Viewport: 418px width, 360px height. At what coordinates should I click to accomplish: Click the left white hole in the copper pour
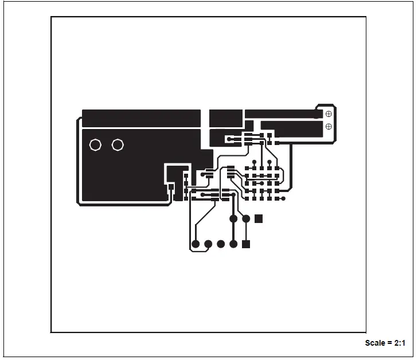(x=96, y=145)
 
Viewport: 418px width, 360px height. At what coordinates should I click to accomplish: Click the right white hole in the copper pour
(x=118, y=145)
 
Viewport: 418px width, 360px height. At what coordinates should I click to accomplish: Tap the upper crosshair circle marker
(x=329, y=114)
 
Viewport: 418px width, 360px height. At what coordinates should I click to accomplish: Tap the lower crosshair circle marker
(x=329, y=126)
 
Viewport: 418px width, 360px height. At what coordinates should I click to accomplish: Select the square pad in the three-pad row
(x=259, y=218)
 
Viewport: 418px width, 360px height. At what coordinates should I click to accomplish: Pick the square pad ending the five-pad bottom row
(x=246, y=244)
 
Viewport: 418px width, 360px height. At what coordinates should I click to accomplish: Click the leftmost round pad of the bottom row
(x=196, y=244)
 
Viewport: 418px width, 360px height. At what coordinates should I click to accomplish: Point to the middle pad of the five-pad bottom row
(x=221, y=244)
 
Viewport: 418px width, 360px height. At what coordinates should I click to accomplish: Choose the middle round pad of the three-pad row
(x=246, y=218)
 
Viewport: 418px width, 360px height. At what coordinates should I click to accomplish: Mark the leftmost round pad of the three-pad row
(x=233, y=218)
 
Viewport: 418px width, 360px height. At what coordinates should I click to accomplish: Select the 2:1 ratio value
(x=400, y=343)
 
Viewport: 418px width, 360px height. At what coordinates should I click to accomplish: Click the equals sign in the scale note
(x=389, y=343)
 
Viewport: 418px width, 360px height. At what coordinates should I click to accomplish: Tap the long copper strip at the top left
(x=141, y=118)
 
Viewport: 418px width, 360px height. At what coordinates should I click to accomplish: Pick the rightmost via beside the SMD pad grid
(x=283, y=199)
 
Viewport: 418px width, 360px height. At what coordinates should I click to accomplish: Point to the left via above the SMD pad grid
(x=254, y=161)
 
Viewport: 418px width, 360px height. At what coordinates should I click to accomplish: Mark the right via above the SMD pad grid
(x=269, y=161)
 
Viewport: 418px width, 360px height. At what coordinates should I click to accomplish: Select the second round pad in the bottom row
(x=208, y=244)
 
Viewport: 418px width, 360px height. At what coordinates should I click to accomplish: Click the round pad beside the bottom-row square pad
(x=233, y=244)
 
